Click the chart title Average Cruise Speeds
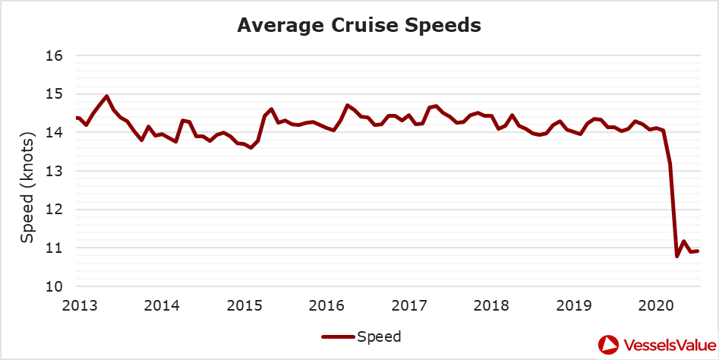click(x=359, y=25)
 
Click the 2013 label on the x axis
click(x=79, y=305)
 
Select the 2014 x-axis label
click(x=162, y=305)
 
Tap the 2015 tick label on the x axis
click(x=244, y=305)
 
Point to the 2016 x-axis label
click(x=326, y=305)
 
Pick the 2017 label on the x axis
click(x=409, y=305)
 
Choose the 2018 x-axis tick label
click(x=492, y=305)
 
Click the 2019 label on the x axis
click(x=574, y=305)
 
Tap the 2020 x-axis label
click(x=657, y=305)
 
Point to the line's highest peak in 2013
click(x=106, y=96)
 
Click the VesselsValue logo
click(x=657, y=345)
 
